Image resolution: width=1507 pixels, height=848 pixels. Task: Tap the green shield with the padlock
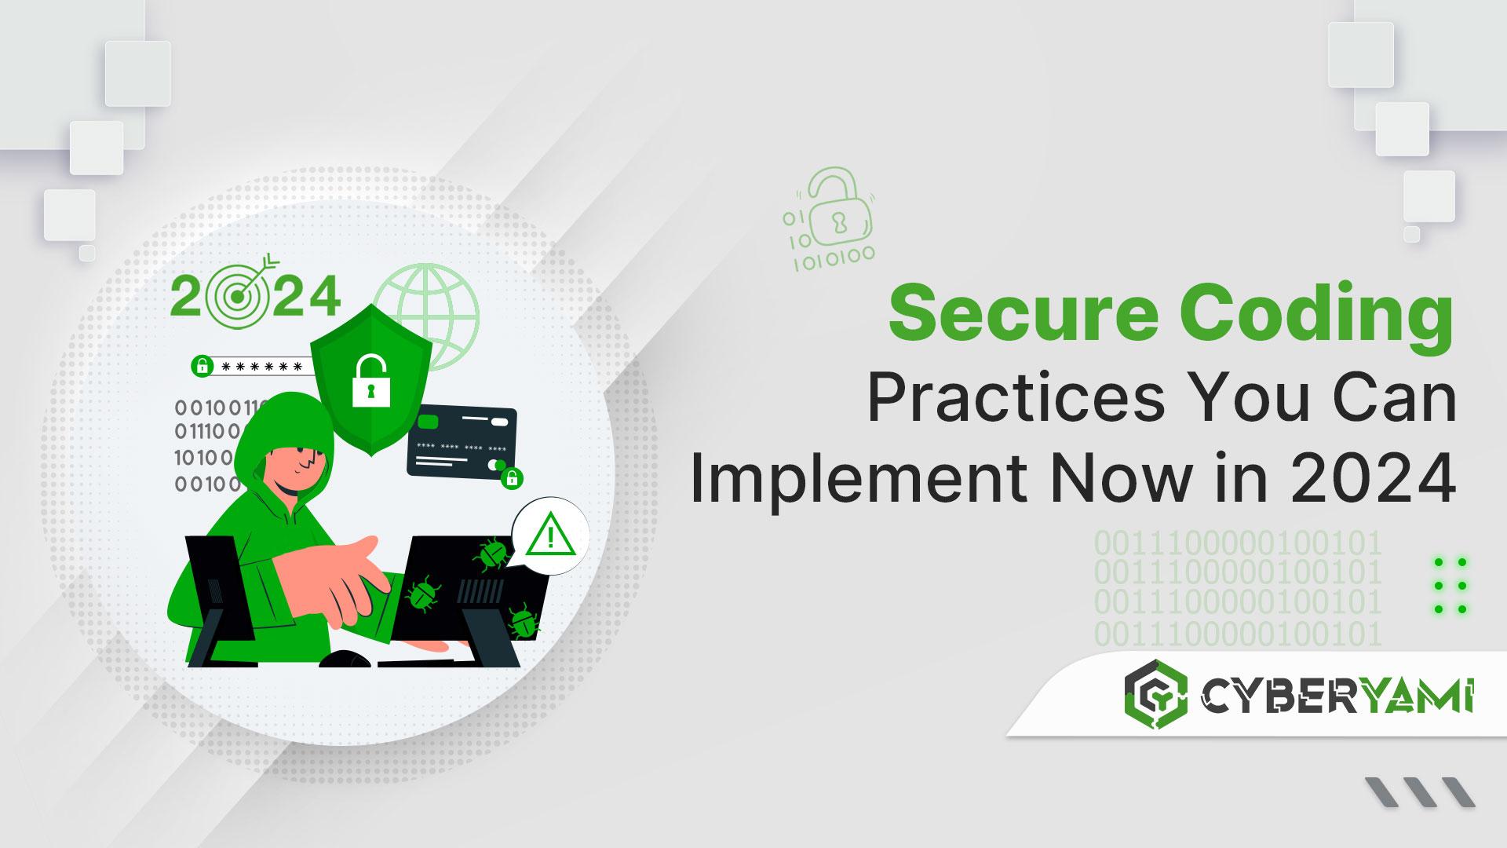click(371, 379)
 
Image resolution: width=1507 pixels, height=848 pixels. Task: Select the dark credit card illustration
click(462, 443)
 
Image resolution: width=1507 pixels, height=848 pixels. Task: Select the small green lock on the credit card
click(512, 477)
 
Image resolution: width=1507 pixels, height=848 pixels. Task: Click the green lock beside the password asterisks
click(202, 366)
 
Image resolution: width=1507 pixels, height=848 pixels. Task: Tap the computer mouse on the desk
click(343, 659)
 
